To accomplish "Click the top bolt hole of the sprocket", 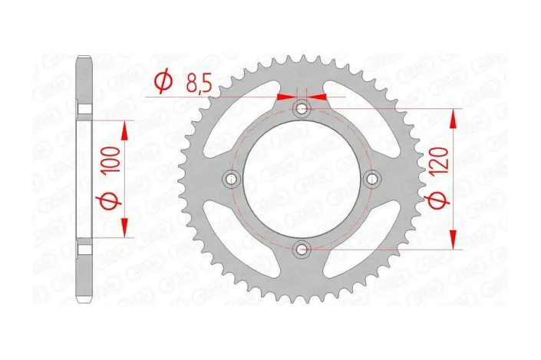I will [x=302, y=109].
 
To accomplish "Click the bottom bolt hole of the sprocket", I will [x=302, y=249].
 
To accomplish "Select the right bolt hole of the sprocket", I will [x=372, y=179].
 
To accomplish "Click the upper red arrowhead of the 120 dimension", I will [x=454, y=119].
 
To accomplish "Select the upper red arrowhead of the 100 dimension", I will [x=124, y=131].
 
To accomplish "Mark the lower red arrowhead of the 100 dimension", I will [x=124, y=226].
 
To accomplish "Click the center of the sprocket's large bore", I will [x=302, y=179].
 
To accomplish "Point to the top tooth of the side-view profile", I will [x=84, y=60].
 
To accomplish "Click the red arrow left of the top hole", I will [x=285, y=97].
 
